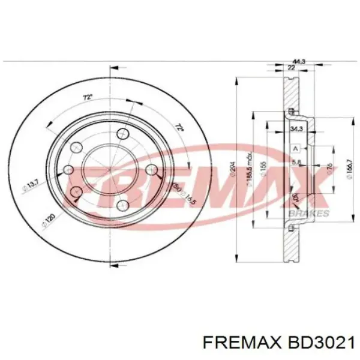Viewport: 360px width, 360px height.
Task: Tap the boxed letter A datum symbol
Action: [x=295, y=148]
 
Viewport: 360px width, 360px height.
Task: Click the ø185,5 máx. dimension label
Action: [x=248, y=174]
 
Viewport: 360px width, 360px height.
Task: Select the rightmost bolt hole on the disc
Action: [x=152, y=170]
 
